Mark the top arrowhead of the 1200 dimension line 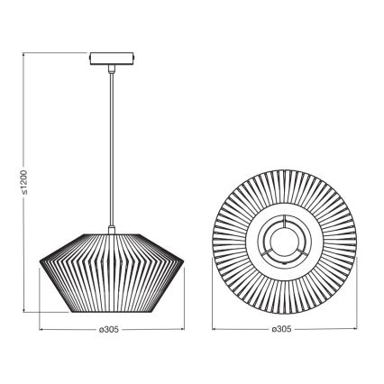23,55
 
